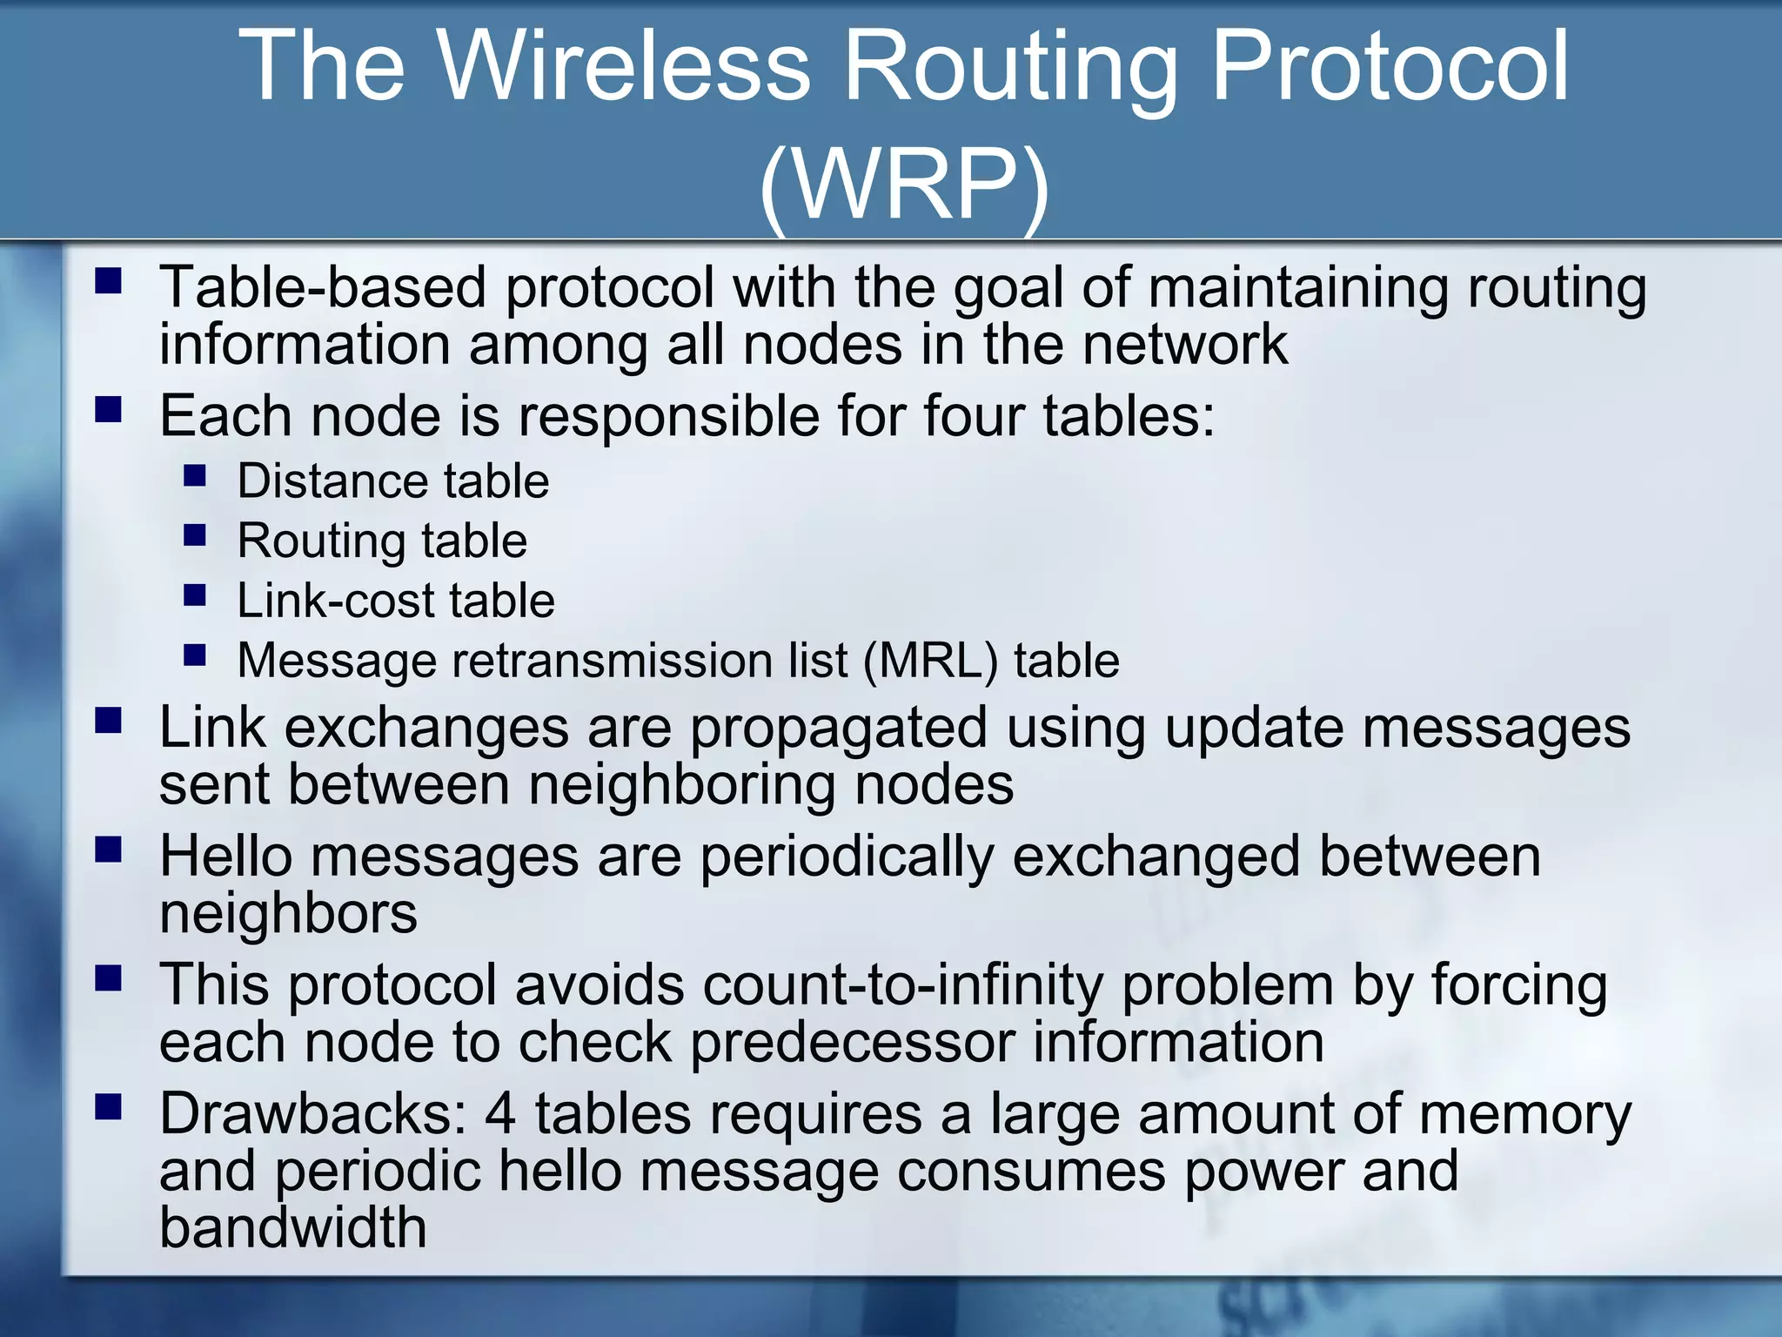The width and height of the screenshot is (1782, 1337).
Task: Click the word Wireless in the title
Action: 623,66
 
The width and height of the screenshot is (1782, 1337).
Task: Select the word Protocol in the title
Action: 1390,66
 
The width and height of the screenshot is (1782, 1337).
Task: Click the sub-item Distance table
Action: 393,481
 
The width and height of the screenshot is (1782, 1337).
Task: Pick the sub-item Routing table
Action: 382,541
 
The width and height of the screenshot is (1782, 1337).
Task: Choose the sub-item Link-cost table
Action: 396,601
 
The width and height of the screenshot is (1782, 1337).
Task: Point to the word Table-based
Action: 322,287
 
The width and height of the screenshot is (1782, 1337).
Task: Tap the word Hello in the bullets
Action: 225,857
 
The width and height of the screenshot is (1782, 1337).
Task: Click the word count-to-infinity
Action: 902,985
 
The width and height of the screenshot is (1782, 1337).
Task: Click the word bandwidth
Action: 293,1227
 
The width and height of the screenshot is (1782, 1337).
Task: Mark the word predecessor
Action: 852,1043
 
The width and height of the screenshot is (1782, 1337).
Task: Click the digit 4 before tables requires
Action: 500,1114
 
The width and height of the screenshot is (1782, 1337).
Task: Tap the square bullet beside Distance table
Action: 195,475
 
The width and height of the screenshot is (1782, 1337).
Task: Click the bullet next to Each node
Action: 109,409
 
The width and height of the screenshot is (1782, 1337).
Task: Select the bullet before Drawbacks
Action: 109,1107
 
